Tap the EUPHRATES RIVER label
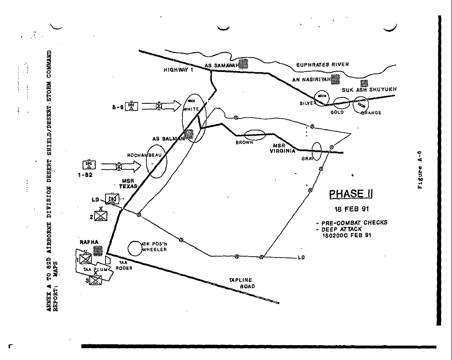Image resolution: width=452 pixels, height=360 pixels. point(322,64)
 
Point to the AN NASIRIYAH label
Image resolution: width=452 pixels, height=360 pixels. point(313,79)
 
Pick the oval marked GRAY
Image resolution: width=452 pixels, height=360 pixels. point(316,151)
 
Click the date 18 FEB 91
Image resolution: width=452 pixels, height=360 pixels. point(347,210)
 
